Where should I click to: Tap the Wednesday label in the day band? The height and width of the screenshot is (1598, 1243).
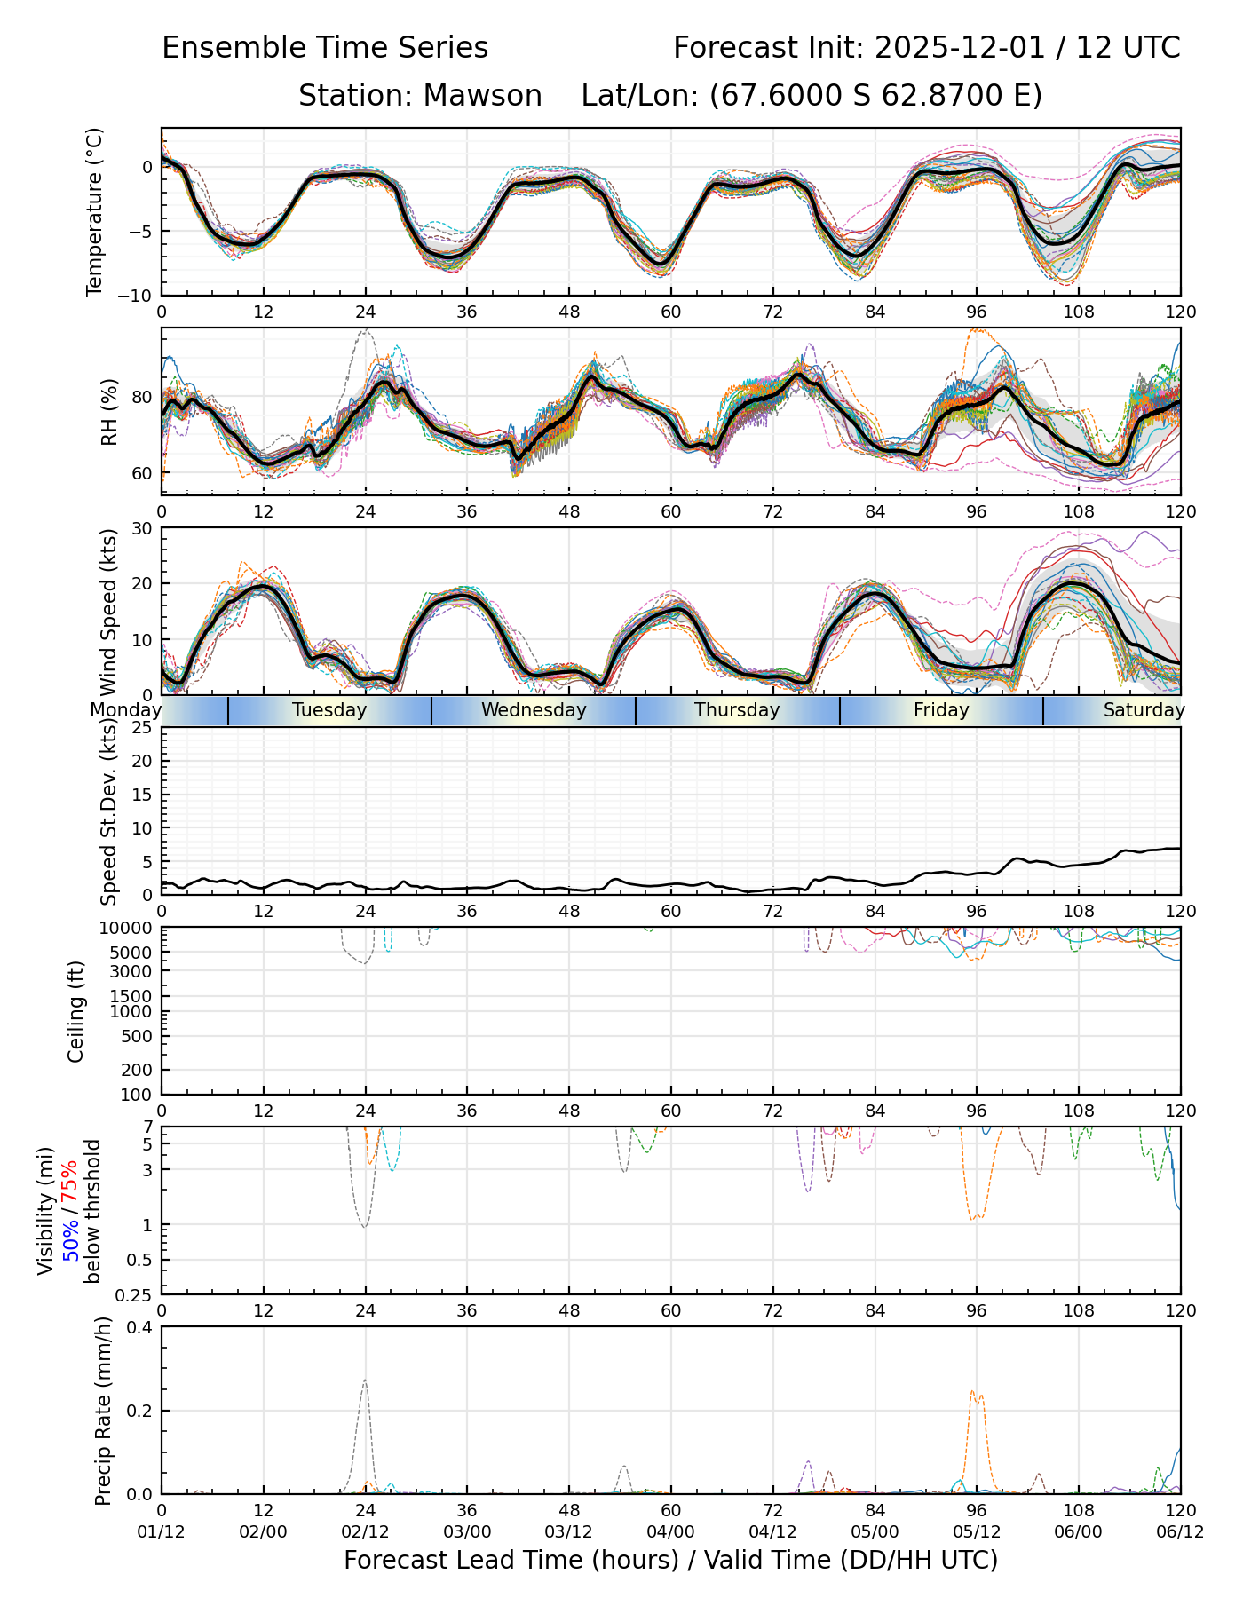tap(534, 710)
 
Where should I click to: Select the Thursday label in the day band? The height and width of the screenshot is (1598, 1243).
tap(737, 710)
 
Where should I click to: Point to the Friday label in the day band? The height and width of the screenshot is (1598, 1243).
tap(941, 710)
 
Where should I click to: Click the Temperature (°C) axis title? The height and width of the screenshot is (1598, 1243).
tap(95, 211)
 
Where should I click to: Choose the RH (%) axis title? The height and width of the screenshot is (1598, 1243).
tap(109, 412)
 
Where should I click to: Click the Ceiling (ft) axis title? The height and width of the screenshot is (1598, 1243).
tap(76, 1011)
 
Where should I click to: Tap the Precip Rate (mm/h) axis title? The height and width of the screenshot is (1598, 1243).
tap(104, 1411)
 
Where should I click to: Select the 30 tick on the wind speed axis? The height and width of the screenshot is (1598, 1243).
tap(143, 528)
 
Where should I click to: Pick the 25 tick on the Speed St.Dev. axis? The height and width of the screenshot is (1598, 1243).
tap(143, 728)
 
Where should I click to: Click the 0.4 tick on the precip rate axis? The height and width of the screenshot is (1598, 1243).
tap(140, 1327)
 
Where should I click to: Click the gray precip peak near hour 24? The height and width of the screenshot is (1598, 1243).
tap(365, 1381)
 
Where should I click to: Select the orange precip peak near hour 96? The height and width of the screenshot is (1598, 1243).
tap(973, 1392)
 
